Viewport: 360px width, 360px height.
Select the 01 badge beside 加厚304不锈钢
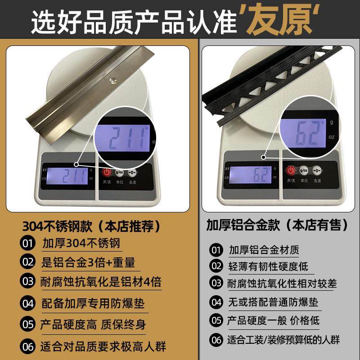27,243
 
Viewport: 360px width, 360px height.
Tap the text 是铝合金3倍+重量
88,262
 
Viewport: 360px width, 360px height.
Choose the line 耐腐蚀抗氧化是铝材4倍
101,282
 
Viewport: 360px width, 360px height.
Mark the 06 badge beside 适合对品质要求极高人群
27,346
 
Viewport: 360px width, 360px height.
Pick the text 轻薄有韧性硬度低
268,266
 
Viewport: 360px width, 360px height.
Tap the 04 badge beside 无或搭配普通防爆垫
216,302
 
